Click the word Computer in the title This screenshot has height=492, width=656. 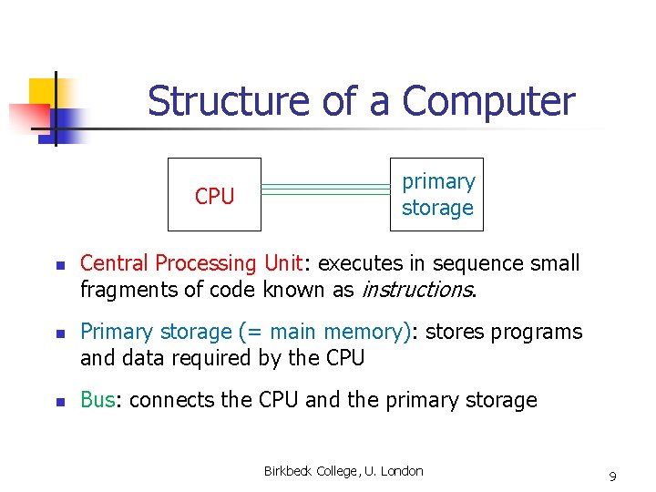488,101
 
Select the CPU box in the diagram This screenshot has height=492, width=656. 214,195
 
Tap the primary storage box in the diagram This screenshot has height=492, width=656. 437,195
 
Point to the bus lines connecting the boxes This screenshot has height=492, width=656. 325,190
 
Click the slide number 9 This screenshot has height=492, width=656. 612,477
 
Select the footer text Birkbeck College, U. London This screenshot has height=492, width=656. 343,471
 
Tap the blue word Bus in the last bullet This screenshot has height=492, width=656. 99,400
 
